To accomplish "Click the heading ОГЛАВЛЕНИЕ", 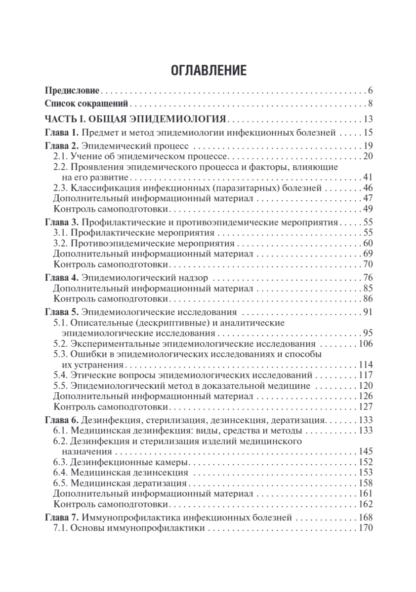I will coord(208,70).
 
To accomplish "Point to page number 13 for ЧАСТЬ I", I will coord(367,119).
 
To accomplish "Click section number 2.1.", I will coord(61,156).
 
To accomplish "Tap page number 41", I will coord(367,178).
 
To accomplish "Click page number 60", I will coord(367,244).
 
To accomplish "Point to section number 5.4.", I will coord(61,375).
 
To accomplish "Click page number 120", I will coord(365,385).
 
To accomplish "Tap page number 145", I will coord(365,451).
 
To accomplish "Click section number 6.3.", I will coord(61,462).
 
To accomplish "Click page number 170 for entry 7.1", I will coord(365,529).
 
